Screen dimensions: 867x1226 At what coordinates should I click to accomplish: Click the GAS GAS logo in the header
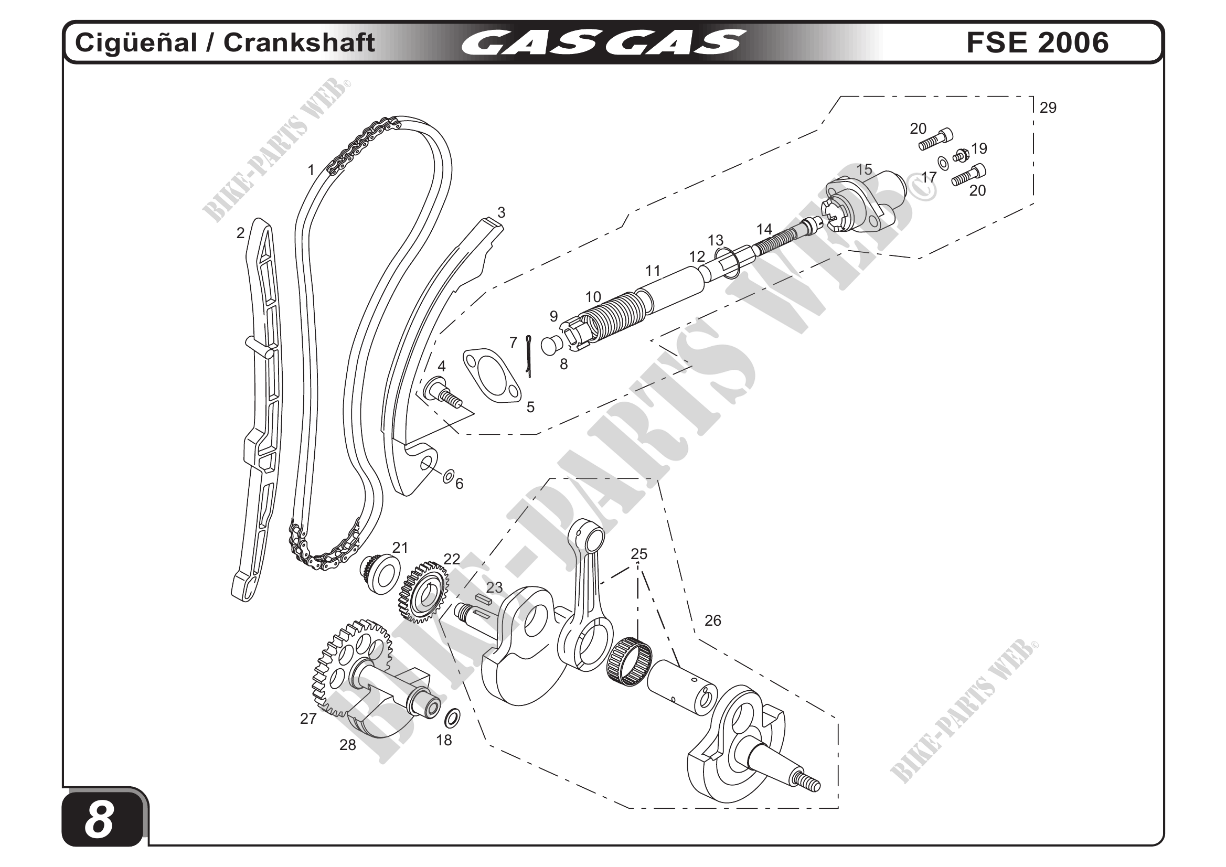[603, 42]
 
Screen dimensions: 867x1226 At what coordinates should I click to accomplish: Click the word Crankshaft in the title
[299, 42]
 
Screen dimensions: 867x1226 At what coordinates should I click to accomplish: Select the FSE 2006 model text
[1037, 42]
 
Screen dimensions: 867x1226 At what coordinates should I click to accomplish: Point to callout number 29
[1048, 108]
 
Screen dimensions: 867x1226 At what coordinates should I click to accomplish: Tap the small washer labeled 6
[449, 475]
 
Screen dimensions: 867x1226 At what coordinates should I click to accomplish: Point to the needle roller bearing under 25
[630, 662]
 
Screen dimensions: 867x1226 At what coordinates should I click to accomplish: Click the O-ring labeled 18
[452, 719]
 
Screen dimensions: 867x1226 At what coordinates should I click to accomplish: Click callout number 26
[712, 620]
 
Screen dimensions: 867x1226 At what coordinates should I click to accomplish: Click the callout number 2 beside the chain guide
[240, 233]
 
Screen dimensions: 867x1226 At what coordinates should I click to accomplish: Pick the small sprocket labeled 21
[380, 574]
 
